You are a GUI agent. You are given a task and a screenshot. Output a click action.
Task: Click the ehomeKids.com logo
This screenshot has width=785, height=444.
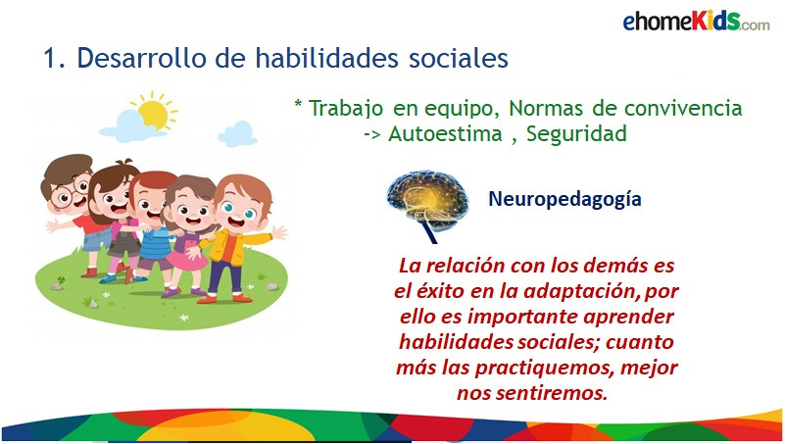(x=696, y=21)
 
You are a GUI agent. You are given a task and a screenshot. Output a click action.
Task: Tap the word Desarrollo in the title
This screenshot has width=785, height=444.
(x=141, y=58)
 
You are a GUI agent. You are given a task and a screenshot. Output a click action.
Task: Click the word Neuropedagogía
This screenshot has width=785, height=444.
(x=564, y=199)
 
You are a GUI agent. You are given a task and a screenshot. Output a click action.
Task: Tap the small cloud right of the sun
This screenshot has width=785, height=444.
(x=238, y=133)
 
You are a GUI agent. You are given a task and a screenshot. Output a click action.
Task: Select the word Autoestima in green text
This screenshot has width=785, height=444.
(x=445, y=133)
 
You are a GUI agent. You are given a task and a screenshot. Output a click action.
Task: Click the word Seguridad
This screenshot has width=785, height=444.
(x=576, y=134)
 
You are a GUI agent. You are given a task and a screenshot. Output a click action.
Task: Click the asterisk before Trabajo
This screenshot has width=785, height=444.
(x=298, y=104)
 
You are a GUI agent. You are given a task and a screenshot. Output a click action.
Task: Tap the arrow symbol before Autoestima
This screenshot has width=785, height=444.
(x=372, y=134)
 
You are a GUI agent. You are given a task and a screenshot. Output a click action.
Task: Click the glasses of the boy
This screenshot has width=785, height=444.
(x=70, y=194)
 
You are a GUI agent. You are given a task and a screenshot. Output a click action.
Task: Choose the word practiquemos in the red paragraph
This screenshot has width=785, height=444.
(x=544, y=369)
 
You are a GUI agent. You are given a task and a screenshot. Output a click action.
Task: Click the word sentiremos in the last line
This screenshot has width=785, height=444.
(x=552, y=393)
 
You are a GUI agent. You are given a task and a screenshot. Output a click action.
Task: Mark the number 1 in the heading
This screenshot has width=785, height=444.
(x=51, y=58)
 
